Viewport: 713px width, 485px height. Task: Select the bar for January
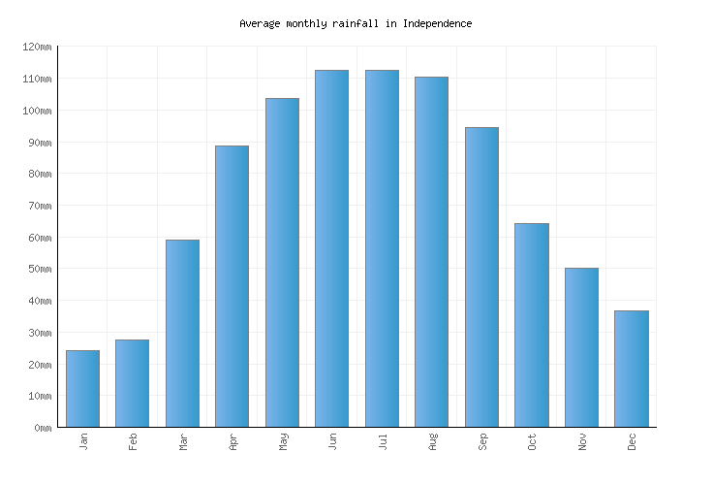click(82, 388)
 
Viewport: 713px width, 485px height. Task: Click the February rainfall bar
click(132, 383)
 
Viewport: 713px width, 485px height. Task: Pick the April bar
click(232, 286)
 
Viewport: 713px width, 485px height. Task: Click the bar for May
click(282, 262)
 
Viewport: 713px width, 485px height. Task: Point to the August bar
click(431, 251)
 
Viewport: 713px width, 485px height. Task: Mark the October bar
click(531, 325)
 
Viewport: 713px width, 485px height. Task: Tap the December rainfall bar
click(631, 369)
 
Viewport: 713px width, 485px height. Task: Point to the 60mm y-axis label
click(39, 238)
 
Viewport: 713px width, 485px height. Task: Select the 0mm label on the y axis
click(42, 428)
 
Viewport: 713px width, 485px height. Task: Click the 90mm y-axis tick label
click(39, 143)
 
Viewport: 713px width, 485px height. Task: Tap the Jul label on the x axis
click(383, 442)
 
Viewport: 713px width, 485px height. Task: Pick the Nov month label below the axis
click(582, 442)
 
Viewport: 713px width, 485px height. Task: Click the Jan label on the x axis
click(83, 442)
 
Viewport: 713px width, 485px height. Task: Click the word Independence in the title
click(437, 23)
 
